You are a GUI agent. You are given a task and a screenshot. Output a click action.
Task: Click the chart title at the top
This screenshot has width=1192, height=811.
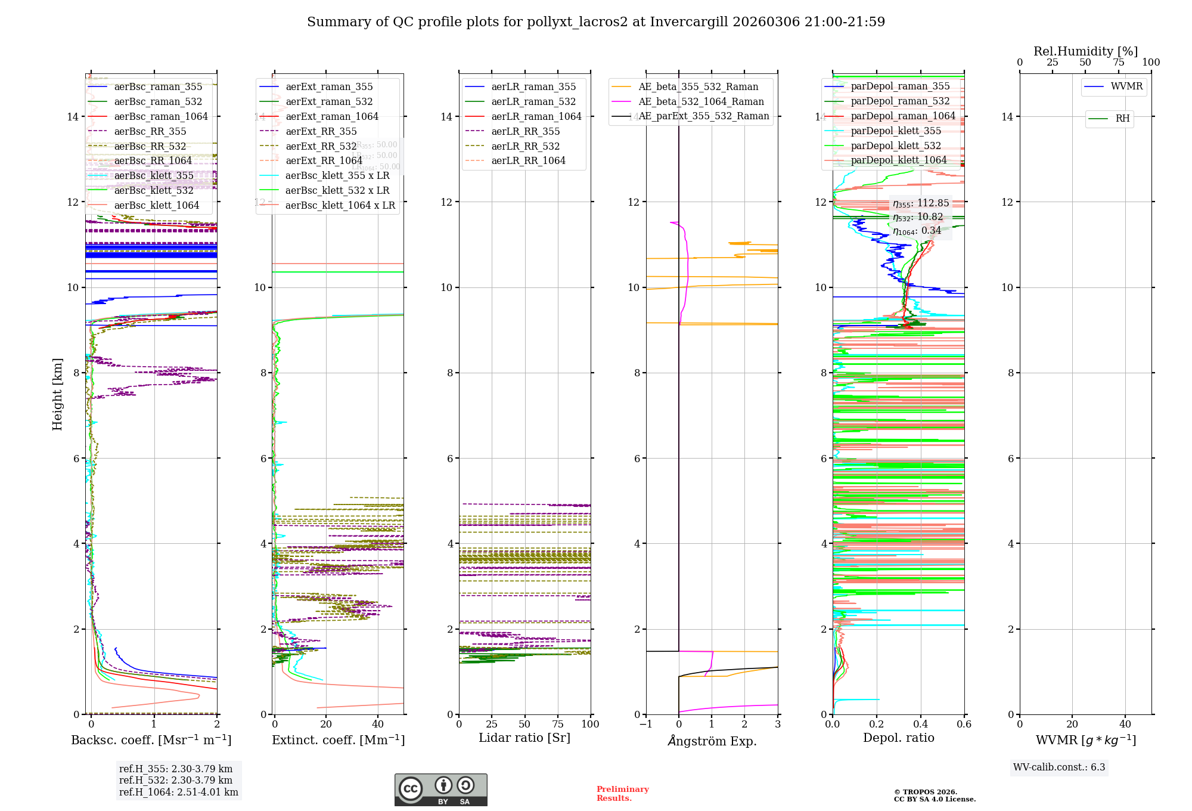596,22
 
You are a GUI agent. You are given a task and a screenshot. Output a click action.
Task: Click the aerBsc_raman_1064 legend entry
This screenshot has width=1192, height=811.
161,117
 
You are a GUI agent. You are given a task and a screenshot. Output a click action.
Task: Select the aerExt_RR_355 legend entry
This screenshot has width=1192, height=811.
321,132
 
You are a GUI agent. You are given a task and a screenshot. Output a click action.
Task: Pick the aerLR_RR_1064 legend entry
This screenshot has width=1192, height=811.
528,161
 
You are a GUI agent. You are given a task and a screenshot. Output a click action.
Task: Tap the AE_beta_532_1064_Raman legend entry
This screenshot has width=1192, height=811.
701,102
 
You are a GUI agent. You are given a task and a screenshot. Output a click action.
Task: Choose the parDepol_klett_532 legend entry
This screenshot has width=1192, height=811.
896,146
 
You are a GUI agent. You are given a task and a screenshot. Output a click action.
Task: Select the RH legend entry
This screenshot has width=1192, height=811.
1122,119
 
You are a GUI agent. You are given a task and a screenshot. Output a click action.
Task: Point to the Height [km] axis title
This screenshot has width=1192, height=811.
57,394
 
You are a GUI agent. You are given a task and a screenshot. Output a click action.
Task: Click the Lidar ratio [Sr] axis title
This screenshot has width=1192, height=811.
524,738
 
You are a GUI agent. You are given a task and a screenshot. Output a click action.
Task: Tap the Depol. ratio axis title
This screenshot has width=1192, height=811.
898,738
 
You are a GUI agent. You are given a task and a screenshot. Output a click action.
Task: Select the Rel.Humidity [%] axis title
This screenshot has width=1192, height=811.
1085,51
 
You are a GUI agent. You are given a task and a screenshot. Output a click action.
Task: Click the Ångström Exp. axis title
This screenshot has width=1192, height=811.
712,741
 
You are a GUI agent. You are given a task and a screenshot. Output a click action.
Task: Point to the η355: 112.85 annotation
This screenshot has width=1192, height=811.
921,203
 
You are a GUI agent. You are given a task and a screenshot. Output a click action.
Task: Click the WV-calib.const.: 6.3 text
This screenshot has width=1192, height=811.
1059,767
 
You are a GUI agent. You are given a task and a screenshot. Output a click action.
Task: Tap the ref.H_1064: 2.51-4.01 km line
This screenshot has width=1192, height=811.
178,793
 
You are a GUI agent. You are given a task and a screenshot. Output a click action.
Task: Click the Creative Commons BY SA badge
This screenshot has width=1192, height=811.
440,790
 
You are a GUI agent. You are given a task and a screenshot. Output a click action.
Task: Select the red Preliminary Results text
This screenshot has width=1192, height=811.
622,794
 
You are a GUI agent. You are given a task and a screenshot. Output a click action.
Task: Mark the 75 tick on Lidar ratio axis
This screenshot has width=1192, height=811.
558,725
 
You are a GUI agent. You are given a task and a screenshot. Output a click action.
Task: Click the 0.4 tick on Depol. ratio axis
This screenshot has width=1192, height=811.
920,725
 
